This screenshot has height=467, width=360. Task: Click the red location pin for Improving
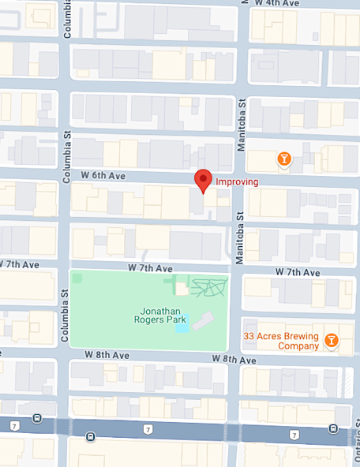(204, 180)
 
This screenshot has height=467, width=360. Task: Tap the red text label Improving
(237, 181)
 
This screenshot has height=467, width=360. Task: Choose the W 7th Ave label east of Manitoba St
(298, 271)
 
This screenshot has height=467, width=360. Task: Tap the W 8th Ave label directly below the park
(107, 355)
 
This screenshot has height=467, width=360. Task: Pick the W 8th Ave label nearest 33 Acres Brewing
(234, 359)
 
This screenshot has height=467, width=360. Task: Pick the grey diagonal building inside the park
(204, 320)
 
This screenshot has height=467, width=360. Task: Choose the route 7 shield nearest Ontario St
(294, 435)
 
